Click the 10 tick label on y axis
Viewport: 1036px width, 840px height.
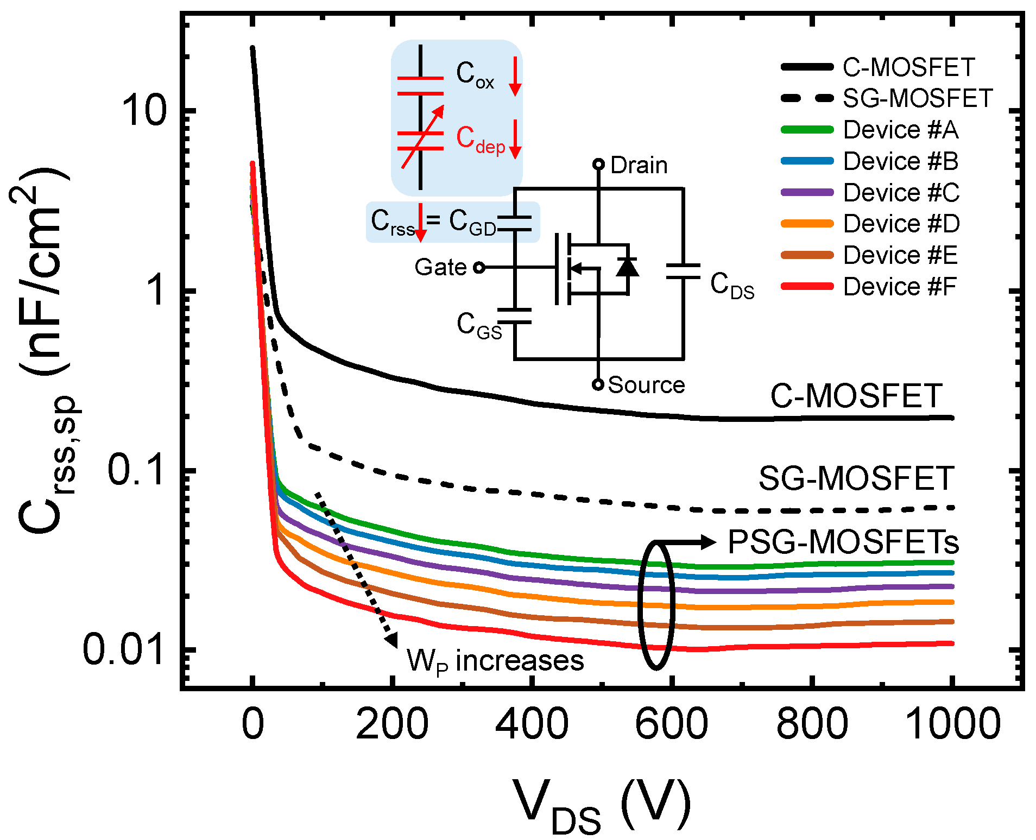pyautogui.click(x=142, y=111)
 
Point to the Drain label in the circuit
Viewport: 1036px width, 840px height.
pyautogui.click(x=639, y=166)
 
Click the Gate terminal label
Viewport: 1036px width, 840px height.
pyautogui.click(x=440, y=267)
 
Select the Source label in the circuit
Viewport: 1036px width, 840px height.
pyautogui.click(x=646, y=385)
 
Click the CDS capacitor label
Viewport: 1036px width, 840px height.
pyautogui.click(x=732, y=286)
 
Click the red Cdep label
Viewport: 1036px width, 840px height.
pyautogui.click(x=480, y=139)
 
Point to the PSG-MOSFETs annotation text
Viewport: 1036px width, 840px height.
pyautogui.click(x=843, y=542)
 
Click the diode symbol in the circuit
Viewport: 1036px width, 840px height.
pyautogui.click(x=628, y=267)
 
